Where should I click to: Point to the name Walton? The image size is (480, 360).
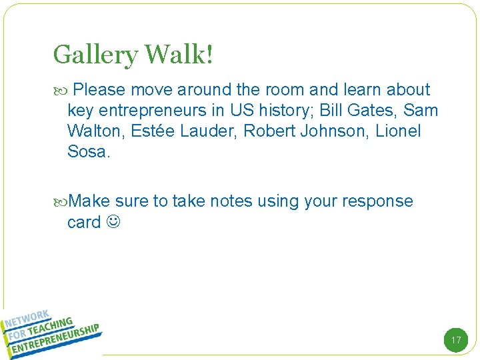pyautogui.click(x=94, y=131)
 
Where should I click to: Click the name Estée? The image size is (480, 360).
pyautogui.click(x=153, y=131)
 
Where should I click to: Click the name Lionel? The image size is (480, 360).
pyautogui.click(x=399, y=131)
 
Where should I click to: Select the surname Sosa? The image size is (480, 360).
pyautogui.click(x=87, y=151)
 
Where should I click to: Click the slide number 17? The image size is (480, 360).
pyautogui.click(x=456, y=340)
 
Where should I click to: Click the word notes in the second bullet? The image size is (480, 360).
pyautogui.click(x=232, y=201)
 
